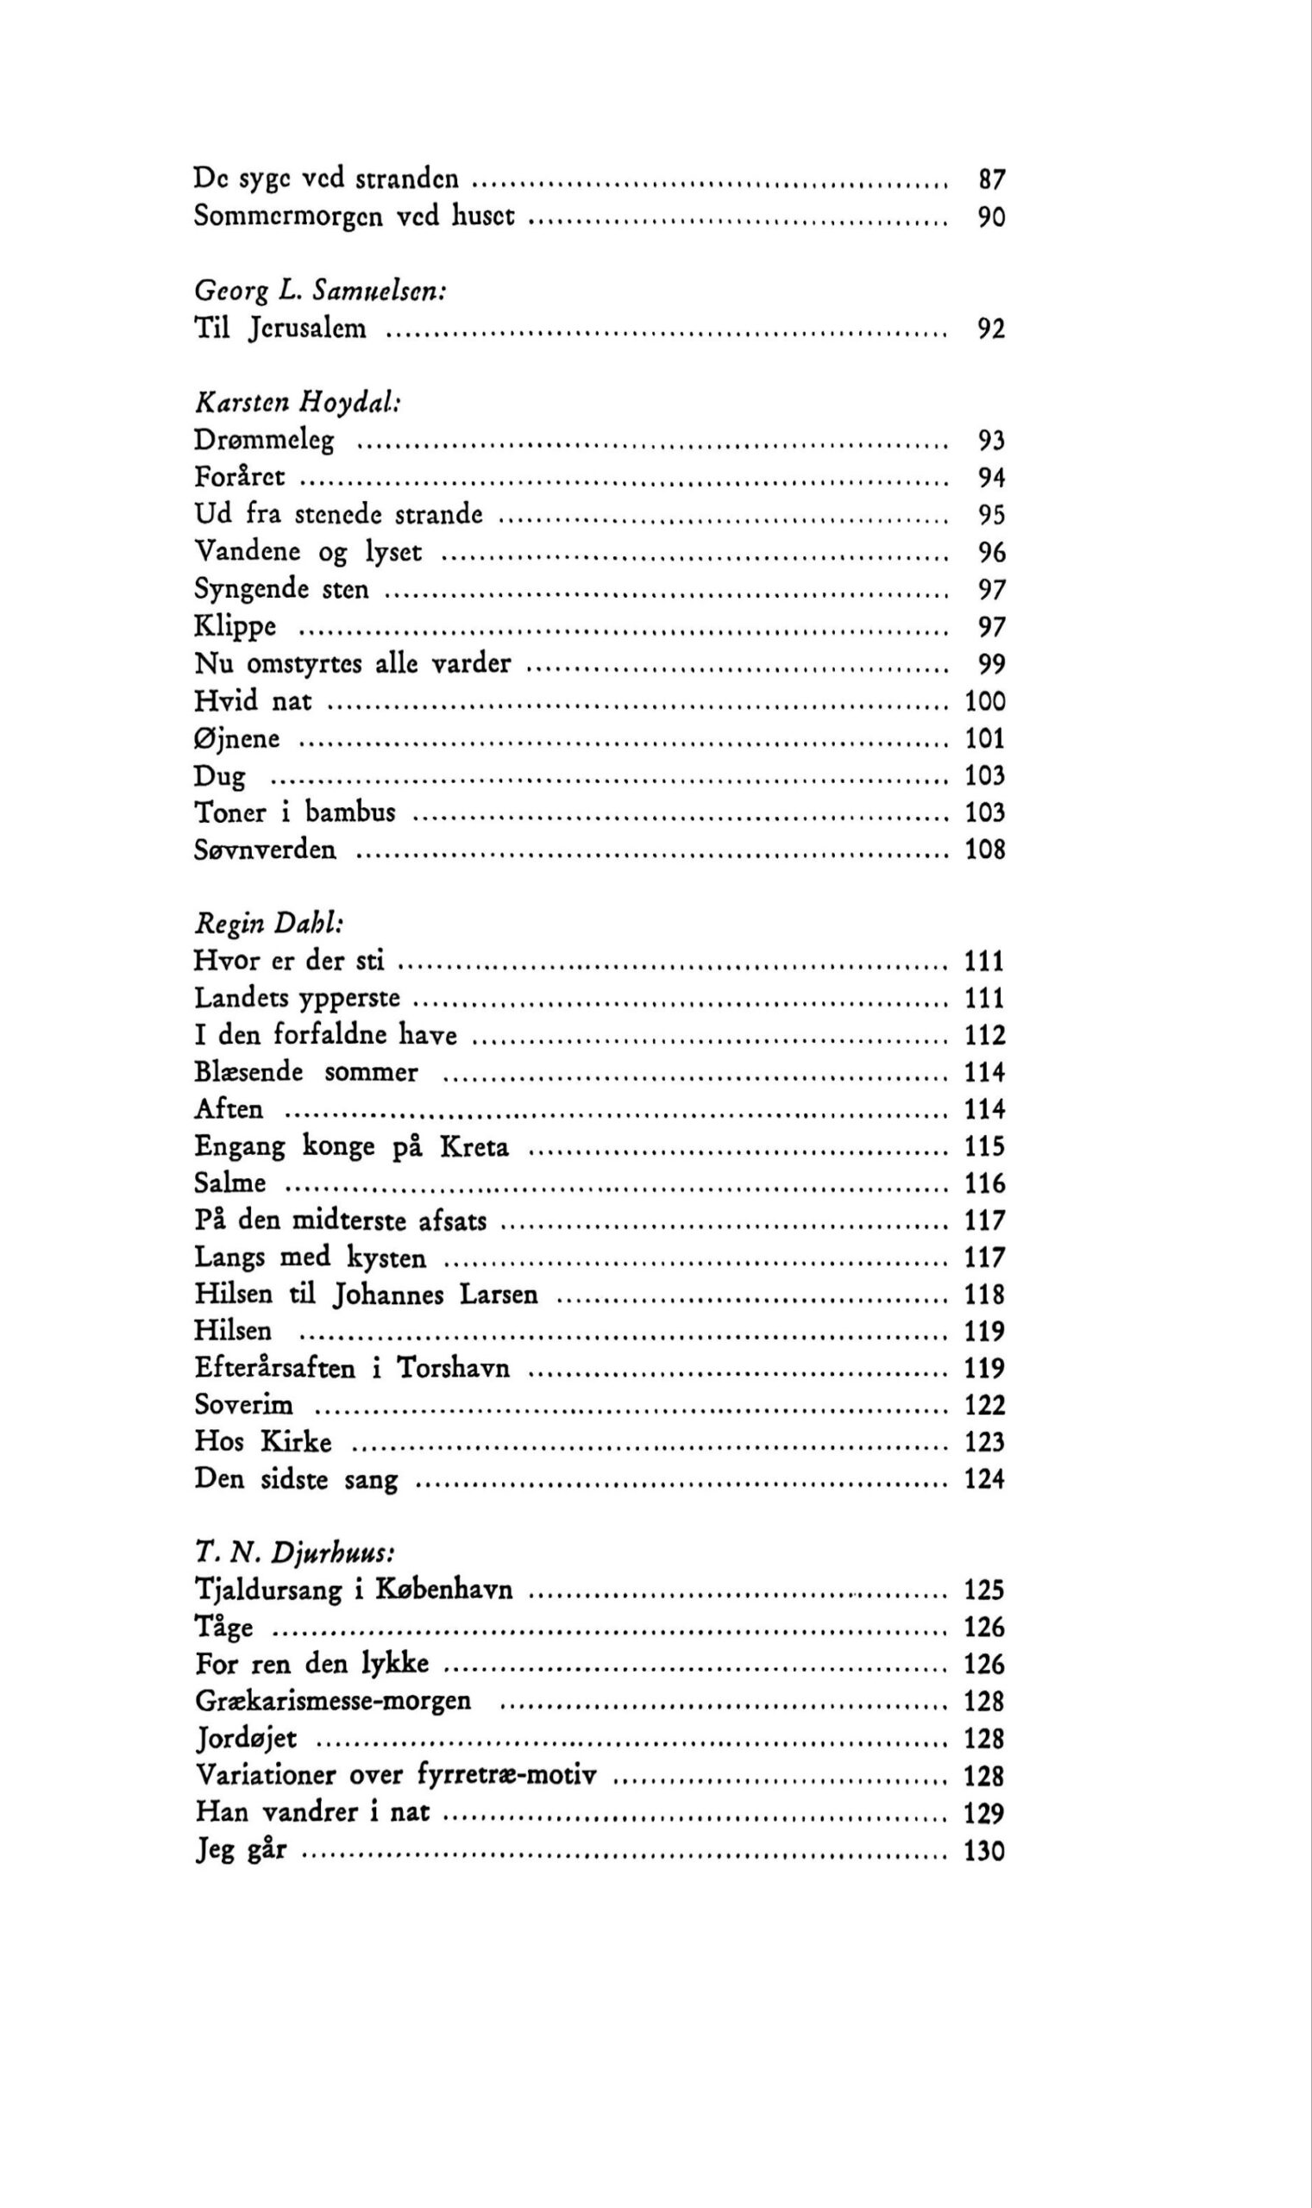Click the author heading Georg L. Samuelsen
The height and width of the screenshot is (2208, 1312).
(320, 291)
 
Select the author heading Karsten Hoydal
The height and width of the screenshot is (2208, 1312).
(298, 403)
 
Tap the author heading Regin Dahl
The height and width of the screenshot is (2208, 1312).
(269, 923)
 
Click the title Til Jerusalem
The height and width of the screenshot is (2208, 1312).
(279, 329)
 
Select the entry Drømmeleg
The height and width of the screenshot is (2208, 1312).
(264, 440)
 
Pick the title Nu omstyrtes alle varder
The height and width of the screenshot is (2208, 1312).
(352, 663)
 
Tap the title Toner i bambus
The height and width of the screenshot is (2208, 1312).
(294, 812)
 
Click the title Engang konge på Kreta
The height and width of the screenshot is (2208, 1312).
(352, 1146)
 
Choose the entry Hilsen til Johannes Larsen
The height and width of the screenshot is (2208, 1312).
(366, 1295)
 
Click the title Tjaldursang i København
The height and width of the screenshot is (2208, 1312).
(354, 1590)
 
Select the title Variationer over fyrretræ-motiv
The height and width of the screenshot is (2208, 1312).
(396, 1776)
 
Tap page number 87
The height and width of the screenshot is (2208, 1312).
(991, 180)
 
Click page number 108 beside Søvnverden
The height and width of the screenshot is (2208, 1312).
(985, 850)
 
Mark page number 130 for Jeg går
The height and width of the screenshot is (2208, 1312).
(985, 1850)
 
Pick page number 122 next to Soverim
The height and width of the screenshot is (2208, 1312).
(985, 1405)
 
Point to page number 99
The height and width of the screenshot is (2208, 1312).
(991, 664)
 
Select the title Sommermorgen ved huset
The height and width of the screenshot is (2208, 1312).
(354, 216)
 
